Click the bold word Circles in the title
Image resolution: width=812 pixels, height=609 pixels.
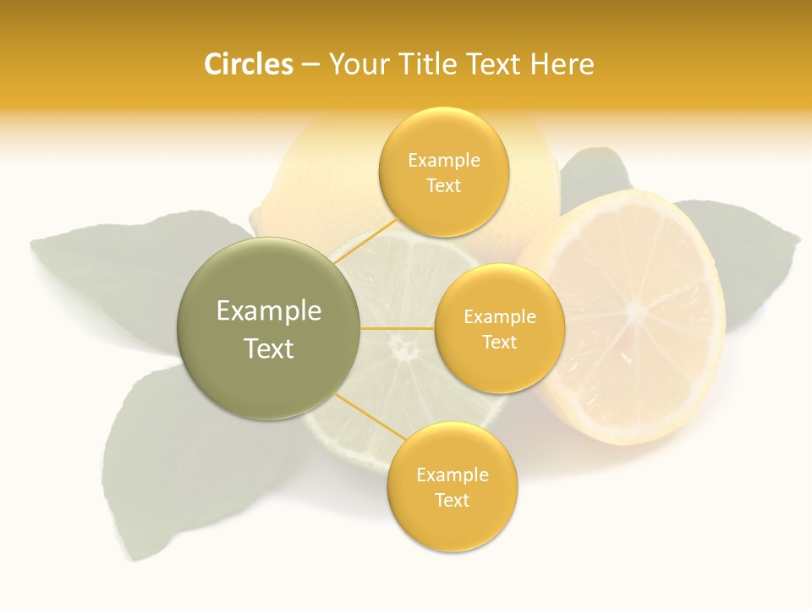coord(248,64)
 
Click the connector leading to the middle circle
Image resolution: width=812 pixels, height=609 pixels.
coord(398,328)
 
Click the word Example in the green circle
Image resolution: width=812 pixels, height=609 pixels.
coord(268,311)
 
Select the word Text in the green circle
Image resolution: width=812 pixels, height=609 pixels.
coord(268,348)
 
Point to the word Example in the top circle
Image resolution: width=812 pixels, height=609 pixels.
coord(443,160)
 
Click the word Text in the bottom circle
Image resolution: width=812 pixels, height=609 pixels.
coord(452,500)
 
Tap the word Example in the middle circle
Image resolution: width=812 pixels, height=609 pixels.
coord(499,317)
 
